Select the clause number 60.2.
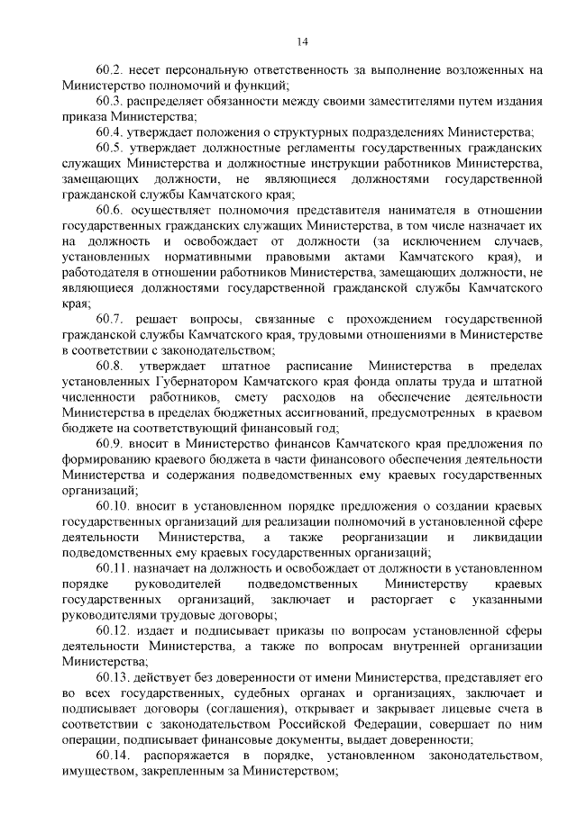[x=109, y=69]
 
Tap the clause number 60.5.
[x=109, y=146]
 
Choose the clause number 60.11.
[x=112, y=569]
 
